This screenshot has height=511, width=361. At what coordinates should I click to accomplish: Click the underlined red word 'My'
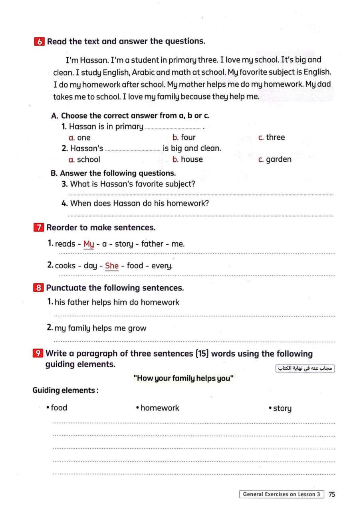pyautogui.click(x=89, y=244)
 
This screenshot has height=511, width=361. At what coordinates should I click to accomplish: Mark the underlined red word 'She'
pyautogui.click(x=112, y=265)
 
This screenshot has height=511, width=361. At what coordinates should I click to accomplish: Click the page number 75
pyautogui.click(x=332, y=494)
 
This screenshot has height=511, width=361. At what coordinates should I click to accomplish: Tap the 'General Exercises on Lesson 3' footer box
pyautogui.click(x=282, y=494)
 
